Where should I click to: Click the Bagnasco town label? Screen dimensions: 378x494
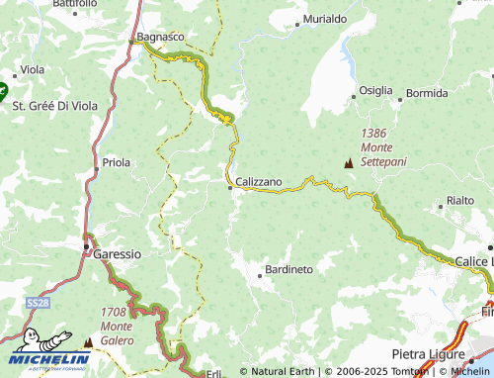coord(160,37)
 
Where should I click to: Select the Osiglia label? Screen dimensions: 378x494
coord(375,90)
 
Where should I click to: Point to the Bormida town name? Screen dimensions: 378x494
coord(427,93)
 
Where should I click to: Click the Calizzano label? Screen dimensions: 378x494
coord(259,182)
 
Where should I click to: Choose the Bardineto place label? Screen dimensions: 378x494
coord(289,269)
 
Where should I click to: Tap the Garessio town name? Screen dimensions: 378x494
coord(117,253)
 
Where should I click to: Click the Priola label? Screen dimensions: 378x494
coord(117,162)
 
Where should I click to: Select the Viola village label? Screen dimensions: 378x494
coord(33,70)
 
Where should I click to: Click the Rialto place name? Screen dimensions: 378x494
coord(460,200)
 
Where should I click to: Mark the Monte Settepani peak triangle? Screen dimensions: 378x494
coord(347,163)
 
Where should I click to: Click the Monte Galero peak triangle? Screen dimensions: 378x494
coord(87,341)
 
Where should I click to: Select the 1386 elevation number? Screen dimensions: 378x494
coord(373,133)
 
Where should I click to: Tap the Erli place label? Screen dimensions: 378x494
coord(214,373)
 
